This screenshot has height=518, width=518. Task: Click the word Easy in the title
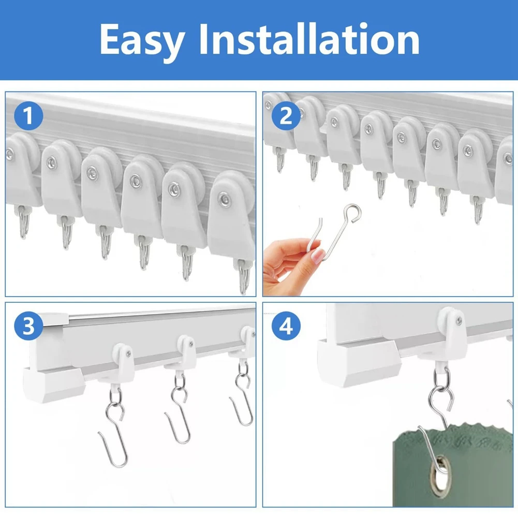[141, 40]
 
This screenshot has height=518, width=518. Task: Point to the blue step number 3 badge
[29, 327]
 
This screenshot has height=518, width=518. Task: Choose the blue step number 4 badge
[286, 327]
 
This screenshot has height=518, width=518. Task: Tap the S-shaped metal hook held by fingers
[331, 233]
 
